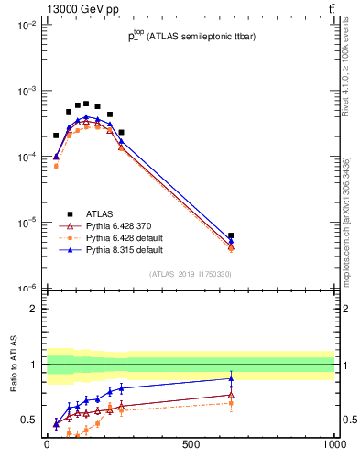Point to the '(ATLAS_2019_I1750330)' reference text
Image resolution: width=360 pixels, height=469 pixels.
(190, 274)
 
